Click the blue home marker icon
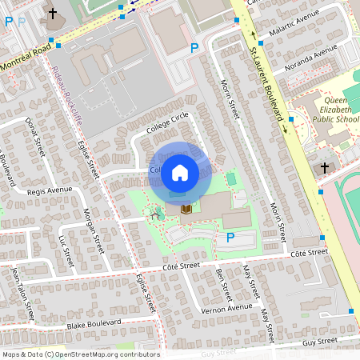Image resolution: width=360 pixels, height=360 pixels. tap(180, 172)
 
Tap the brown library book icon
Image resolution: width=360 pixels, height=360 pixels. tap(186, 209)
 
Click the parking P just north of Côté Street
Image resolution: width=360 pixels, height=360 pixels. tap(230, 238)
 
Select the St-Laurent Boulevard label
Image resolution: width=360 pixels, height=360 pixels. tap(267, 80)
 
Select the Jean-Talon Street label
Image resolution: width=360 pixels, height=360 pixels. tap(21, 292)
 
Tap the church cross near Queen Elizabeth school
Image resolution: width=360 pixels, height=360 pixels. tap(324, 168)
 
